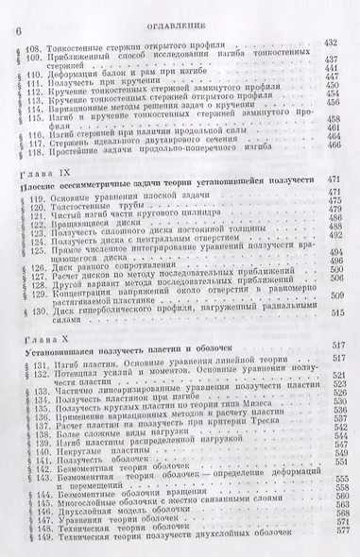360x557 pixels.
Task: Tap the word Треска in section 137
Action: pos(272,446)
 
